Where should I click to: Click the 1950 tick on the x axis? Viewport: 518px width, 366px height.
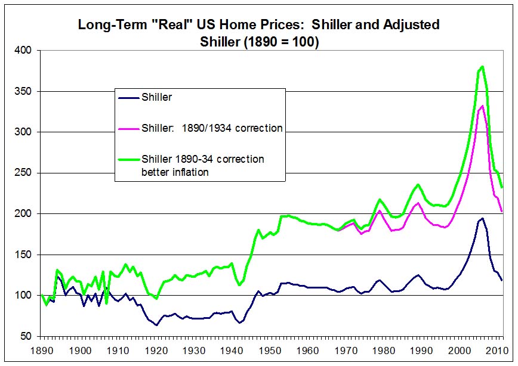pyautogui.click(x=270, y=337)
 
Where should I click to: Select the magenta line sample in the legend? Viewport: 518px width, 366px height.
pyautogui.click(x=128, y=128)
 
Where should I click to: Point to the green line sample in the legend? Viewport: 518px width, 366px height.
pyautogui.click(x=128, y=159)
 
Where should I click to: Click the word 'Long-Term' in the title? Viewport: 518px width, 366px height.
pyautogui.click(x=107, y=25)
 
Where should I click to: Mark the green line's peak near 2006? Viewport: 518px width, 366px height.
pyautogui.click(x=482, y=67)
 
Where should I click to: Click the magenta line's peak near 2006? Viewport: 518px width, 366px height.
pyautogui.click(x=482, y=106)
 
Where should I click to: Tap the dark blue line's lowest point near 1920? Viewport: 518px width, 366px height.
pyautogui.click(x=156, y=325)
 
